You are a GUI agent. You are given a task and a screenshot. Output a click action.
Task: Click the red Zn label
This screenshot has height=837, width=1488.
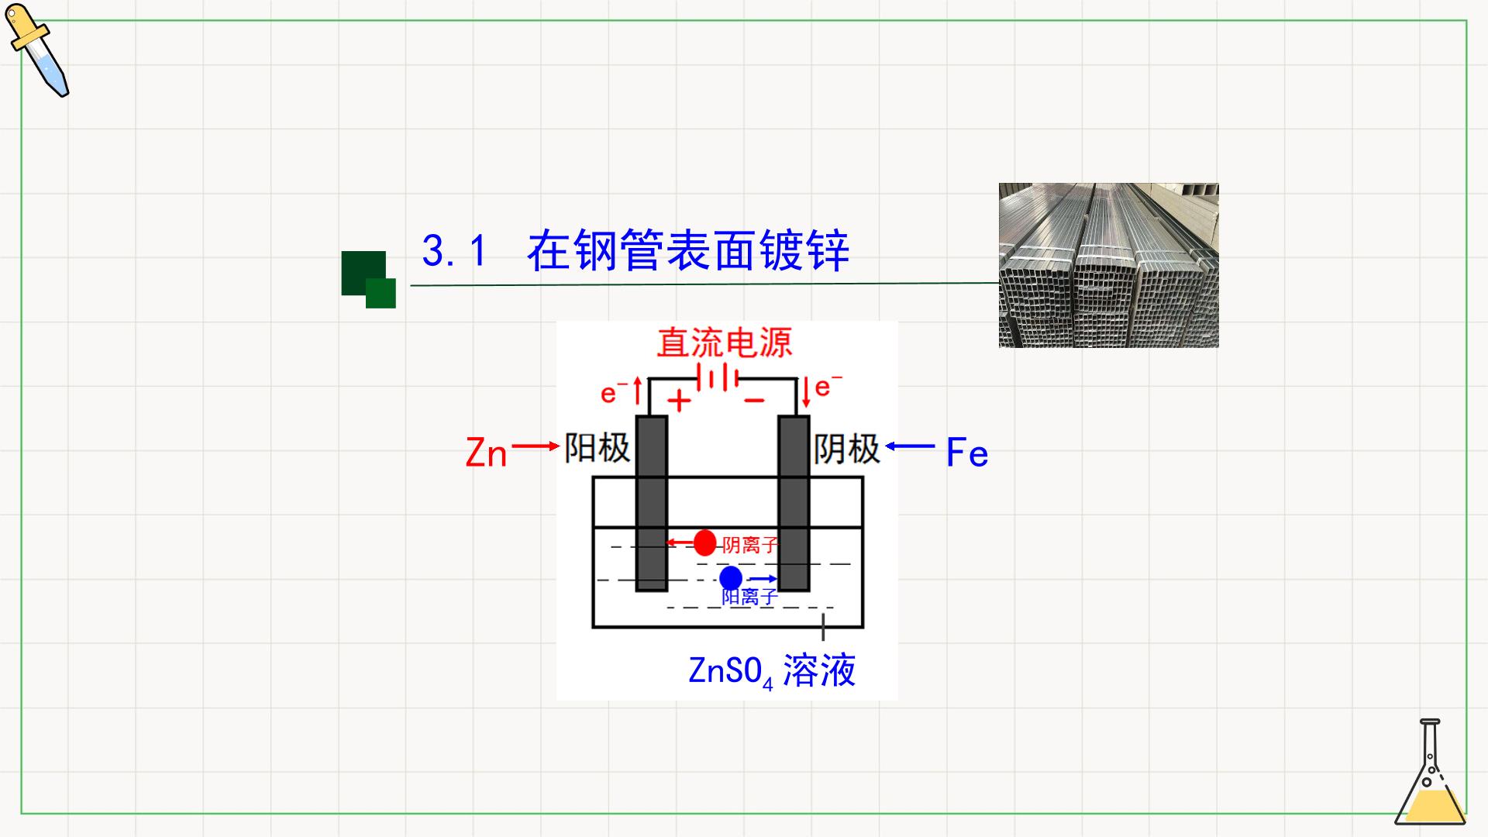(x=486, y=453)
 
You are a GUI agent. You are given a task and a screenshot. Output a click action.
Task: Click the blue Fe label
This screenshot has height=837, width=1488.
(x=967, y=453)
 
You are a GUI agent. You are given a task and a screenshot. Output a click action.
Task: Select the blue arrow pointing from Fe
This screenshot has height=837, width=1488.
(x=910, y=446)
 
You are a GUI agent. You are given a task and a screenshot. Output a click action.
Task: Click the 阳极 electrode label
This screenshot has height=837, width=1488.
(x=597, y=448)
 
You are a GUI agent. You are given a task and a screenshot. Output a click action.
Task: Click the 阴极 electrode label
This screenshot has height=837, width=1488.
(x=847, y=449)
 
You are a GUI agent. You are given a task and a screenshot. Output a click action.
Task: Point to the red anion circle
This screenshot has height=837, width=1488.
(x=704, y=543)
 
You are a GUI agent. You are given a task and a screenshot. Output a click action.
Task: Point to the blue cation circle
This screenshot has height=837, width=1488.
(x=731, y=578)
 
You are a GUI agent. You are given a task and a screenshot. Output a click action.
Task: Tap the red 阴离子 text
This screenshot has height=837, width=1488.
(x=749, y=545)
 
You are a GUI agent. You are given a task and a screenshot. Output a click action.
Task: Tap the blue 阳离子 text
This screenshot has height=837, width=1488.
(x=749, y=597)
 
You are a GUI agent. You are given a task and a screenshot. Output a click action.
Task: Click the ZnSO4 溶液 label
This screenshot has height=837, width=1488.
(x=772, y=670)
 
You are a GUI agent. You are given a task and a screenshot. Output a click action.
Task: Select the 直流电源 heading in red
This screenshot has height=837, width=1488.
(x=725, y=343)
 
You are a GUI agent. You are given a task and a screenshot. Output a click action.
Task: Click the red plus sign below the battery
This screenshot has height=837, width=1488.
(x=679, y=401)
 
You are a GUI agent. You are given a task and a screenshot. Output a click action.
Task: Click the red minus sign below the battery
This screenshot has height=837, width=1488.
(x=754, y=401)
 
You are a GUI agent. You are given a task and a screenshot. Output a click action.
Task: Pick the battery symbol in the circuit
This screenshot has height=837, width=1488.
(x=718, y=378)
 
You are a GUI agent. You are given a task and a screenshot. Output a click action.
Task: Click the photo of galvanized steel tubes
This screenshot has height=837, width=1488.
(x=1108, y=265)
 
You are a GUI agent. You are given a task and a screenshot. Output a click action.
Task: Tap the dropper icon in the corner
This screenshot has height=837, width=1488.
(x=37, y=50)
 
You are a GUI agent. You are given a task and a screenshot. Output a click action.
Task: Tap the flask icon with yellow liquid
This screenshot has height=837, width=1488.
(x=1430, y=772)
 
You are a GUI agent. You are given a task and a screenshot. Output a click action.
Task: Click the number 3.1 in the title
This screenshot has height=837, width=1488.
(x=455, y=251)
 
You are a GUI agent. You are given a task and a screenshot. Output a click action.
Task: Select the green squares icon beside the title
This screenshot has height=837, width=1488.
(x=369, y=279)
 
